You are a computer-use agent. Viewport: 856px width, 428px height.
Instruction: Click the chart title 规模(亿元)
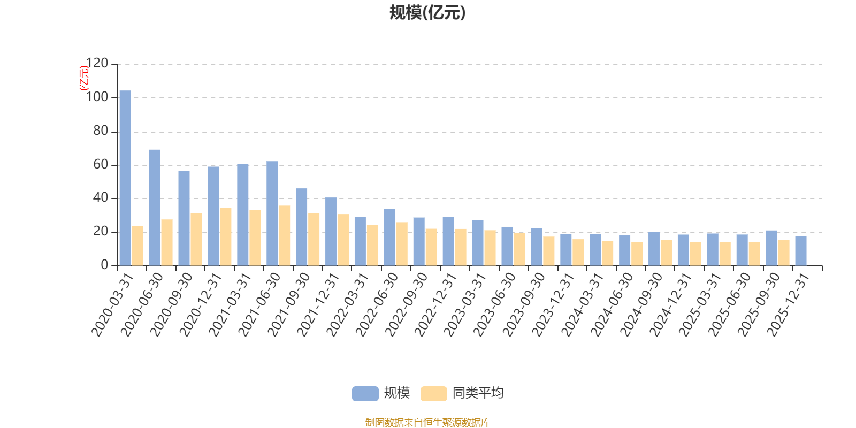tap(427, 13)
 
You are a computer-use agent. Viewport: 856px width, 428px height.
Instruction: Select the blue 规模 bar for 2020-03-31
tap(125, 178)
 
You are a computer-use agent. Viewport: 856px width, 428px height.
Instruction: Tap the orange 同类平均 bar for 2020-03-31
tap(137, 246)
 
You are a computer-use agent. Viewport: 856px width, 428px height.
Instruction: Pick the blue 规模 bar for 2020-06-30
tap(155, 208)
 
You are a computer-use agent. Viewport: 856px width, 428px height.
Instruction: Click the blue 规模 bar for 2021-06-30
tap(272, 213)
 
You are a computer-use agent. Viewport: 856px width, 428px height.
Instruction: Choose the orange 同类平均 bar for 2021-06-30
tap(285, 235)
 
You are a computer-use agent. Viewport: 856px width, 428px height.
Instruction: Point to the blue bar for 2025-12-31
tap(801, 251)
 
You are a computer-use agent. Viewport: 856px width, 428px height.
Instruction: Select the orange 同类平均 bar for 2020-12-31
tap(226, 236)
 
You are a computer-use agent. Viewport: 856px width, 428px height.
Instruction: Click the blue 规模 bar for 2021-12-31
tap(331, 232)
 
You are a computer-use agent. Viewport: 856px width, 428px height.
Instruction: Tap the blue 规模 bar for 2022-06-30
tap(389, 237)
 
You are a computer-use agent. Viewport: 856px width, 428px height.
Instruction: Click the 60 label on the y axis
tap(101, 165)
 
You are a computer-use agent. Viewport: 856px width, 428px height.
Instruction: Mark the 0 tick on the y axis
tap(104, 265)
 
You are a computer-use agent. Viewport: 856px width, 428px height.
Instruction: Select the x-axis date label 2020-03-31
tap(112, 305)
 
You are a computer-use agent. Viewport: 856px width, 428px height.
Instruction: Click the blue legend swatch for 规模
tap(365, 394)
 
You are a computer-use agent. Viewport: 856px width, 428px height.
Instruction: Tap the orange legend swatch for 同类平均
tap(433, 394)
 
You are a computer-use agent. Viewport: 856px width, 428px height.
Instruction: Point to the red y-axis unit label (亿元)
tap(84, 78)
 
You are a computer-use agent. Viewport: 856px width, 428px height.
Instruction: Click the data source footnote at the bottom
tap(427, 423)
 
